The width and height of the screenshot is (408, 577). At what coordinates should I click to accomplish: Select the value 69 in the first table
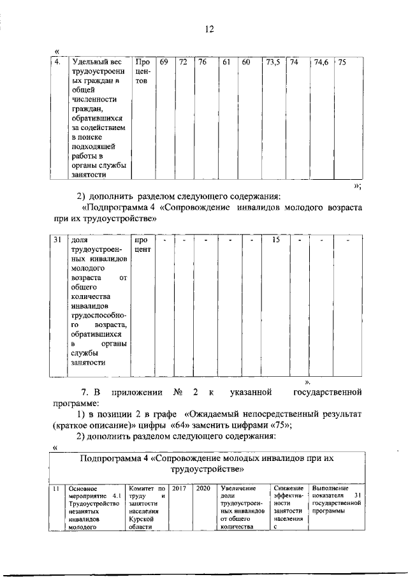click(163, 62)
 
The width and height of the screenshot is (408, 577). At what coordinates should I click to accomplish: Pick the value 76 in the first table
click(202, 62)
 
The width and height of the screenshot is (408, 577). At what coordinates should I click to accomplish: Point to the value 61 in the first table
click(226, 62)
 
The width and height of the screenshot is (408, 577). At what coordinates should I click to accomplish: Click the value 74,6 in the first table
click(321, 62)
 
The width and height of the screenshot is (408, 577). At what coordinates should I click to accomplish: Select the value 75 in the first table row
click(342, 62)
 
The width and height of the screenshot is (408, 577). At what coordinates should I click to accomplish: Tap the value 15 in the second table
click(275, 240)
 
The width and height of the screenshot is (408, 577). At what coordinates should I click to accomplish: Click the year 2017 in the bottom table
click(179, 488)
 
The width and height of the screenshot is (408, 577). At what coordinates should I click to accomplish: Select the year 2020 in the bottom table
click(203, 488)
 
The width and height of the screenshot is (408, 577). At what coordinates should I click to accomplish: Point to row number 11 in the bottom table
click(56, 488)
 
